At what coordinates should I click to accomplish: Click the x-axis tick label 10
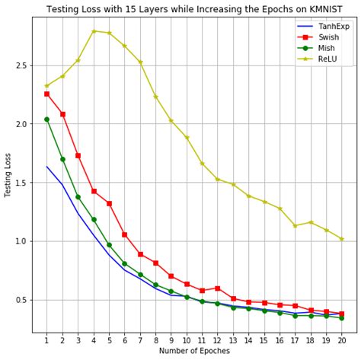pyautogui.click(x=187, y=340)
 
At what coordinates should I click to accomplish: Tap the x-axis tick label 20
pyautogui.click(x=341, y=340)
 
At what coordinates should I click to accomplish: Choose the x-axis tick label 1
pyautogui.click(x=46, y=340)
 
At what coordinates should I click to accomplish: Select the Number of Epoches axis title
pyautogui.click(x=193, y=352)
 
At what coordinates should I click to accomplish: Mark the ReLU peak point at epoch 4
pyautogui.click(x=94, y=31)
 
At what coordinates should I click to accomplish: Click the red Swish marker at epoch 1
pyautogui.click(x=46, y=94)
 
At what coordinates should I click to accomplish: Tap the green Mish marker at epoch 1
pyautogui.click(x=46, y=119)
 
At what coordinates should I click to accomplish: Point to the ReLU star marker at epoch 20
pyautogui.click(x=341, y=239)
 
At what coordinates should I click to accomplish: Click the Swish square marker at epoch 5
pyautogui.click(x=109, y=203)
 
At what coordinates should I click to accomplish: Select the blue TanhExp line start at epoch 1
pyautogui.click(x=46, y=167)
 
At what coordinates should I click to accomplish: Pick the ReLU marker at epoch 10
pyautogui.click(x=187, y=138)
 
